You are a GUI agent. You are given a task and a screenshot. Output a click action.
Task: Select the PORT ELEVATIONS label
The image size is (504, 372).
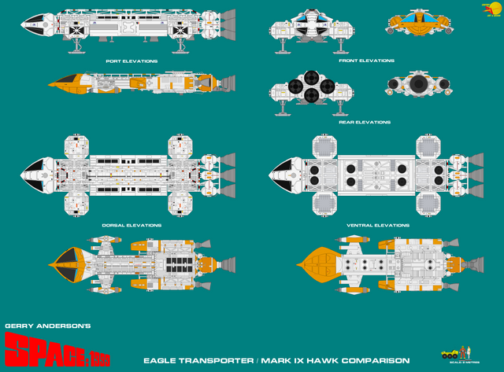point(132,61)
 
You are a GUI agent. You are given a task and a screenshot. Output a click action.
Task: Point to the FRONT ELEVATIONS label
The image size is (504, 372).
point(366,61)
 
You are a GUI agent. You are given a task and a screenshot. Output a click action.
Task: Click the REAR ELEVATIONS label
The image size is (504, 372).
point(365,122)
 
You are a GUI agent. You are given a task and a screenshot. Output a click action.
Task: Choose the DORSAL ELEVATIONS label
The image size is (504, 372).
point(132,225)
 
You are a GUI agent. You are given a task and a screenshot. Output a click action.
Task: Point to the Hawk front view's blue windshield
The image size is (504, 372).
point(420,13)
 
